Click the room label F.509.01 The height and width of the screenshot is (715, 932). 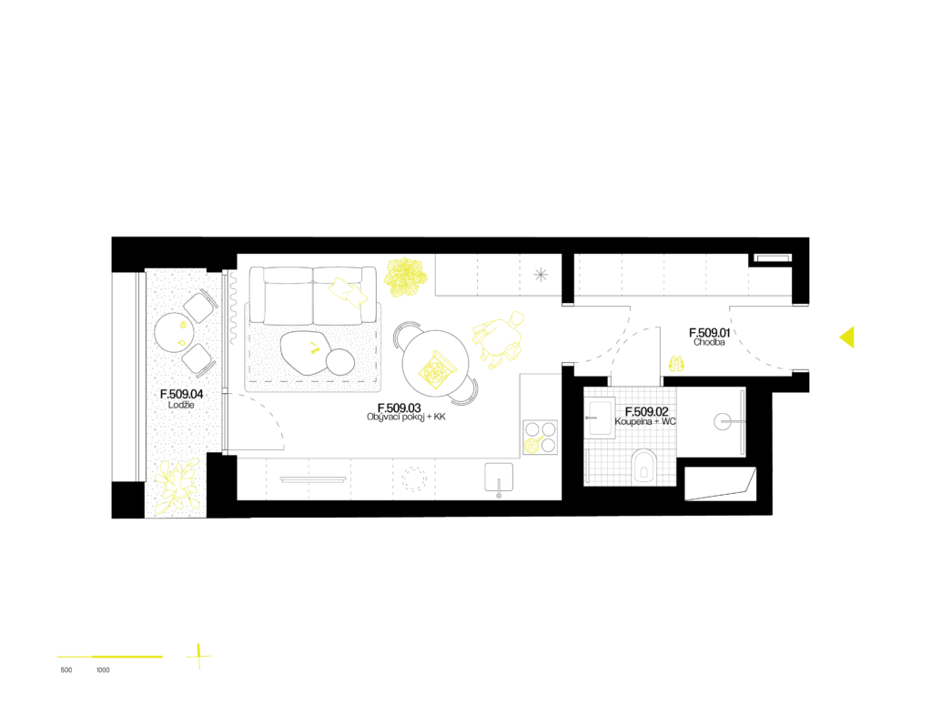(709, 333)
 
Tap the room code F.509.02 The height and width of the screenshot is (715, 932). (646, 411)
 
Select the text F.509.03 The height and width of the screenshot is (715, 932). (399, 408)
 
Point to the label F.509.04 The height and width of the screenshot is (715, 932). (181, 394)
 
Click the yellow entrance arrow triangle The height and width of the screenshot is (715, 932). (848, 337)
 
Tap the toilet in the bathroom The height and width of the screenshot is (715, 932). (643, 465)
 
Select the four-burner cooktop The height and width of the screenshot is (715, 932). (541, 437)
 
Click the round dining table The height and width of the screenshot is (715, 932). (436, 364)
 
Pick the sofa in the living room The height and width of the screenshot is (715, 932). (313, 296)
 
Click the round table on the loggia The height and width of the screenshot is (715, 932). (174, 333)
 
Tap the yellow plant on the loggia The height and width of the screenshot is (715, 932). (175, 485)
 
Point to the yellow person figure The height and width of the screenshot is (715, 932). (500, 339)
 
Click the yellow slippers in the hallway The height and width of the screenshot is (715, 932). (676, 363)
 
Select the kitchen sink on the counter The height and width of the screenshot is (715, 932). (499, 478)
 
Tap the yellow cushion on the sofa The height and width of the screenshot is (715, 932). (349, 292)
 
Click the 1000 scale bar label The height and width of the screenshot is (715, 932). (103, 670)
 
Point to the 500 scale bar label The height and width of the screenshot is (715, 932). (66, 670)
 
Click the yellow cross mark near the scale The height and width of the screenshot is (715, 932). (198, 656)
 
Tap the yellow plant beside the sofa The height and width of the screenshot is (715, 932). (405, 277)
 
